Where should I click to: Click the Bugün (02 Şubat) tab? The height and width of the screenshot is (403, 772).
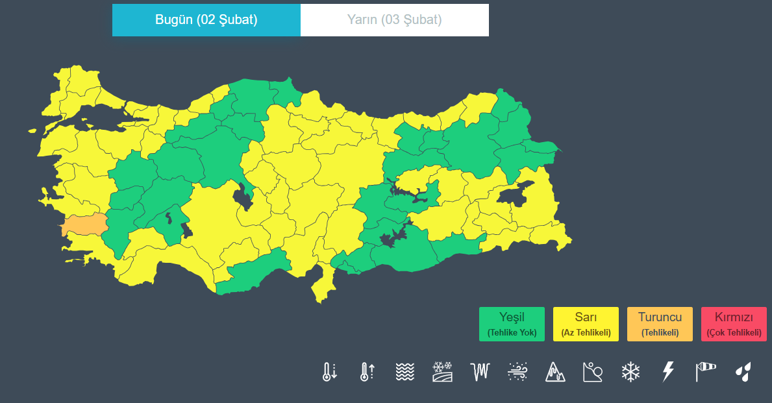click(x=206, y=19)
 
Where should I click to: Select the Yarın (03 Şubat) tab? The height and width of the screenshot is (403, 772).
click(x=394, y=19)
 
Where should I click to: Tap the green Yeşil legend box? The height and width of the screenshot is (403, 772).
click(x=512, y=324)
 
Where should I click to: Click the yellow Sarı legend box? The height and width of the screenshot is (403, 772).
click(x=586, y=324)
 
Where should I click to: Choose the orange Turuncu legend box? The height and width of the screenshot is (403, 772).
click(x=660, y=324)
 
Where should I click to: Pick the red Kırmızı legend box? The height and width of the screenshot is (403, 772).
click(x=734, y=324)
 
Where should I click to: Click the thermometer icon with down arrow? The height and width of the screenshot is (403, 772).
click(x=330, y=372)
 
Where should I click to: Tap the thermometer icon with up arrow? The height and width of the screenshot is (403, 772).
click(x=367, y=372)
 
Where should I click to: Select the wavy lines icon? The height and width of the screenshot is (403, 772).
click(x=405, y=372)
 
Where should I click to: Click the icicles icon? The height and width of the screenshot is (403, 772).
click(x=479, y=372)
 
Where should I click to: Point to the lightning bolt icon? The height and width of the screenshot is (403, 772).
click(x=667, y=372)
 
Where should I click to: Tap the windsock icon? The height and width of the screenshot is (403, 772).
click(x=705, y=372)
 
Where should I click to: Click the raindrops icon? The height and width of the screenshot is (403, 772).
click(x=743, y=372)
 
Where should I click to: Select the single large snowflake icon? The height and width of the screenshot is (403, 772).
click(x=630, y=372)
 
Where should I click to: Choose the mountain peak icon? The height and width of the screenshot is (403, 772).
click(x=555, y=372)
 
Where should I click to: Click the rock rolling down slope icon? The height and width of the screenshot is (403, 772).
click(x=593, y=372)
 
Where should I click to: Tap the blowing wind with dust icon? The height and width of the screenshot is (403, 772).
click(x=517, y=372)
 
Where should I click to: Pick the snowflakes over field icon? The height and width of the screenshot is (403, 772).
click(x=442, y=372)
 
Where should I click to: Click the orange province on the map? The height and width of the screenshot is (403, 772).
click(x=84, y=225)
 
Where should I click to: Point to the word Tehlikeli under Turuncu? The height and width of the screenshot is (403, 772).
click(x=660, y=333)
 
